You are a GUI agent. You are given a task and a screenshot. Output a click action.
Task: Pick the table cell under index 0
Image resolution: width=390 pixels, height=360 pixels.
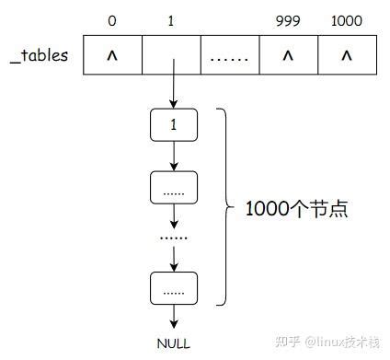tap(112, 56)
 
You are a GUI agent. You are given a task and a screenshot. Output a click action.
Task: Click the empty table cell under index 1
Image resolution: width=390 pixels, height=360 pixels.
tap(172, 56)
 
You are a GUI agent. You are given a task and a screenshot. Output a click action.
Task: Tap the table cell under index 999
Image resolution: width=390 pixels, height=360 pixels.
tap(287, 56)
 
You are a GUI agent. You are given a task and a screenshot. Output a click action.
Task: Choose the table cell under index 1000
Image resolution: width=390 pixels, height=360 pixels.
tap(347, 56)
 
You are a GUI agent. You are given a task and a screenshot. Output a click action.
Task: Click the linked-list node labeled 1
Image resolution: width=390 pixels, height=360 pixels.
tap(173, 124)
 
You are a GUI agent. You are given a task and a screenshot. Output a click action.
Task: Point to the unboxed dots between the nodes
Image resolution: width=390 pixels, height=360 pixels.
tap(173, 238)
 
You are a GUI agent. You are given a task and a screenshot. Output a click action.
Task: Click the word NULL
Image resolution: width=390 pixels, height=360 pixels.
tap(173, 343)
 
